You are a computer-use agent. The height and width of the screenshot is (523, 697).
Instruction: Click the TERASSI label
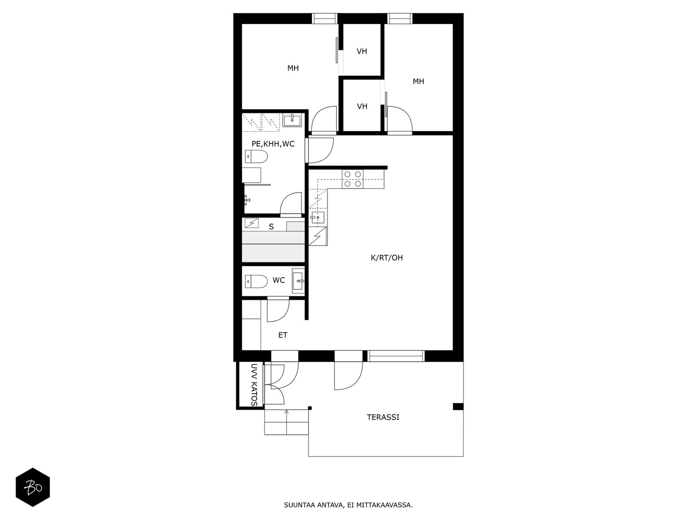point(383,417)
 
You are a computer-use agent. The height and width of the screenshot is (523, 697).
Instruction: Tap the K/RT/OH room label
point(387,258)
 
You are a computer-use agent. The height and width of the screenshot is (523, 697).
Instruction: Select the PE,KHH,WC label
point(273,144)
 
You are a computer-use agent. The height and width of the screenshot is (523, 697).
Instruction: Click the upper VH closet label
point(362,51)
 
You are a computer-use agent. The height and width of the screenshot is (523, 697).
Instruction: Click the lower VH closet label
point(362,106)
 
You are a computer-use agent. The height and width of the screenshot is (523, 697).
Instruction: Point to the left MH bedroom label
point(293,68)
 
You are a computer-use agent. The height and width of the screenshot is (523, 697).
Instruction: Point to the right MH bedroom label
point(418,82)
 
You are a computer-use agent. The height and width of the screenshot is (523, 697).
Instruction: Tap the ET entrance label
point(283,335)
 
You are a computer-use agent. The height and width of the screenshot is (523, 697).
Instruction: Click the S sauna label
point(271,227)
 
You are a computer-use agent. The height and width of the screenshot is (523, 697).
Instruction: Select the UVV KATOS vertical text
point(254,384)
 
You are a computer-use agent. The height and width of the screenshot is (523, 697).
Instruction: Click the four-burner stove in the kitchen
point(353,179)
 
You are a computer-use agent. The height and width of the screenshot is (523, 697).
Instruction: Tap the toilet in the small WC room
point(256,282)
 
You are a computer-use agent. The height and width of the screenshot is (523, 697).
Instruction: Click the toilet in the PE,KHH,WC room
point(256,156)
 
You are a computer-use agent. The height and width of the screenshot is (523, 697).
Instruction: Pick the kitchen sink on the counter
point(318,218)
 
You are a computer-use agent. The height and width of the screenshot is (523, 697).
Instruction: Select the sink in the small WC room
point(298,281)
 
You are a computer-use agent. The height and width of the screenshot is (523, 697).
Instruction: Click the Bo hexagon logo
point(33,487)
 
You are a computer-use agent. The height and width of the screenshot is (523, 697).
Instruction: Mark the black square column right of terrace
point(458,407)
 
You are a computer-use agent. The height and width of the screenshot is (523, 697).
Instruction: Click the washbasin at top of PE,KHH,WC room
point(292,120)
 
